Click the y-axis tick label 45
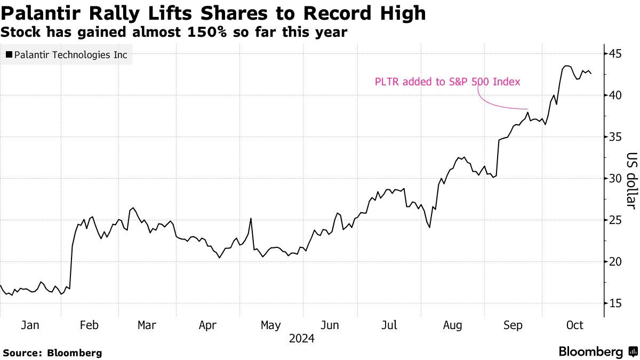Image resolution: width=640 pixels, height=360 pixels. pyautogui.click(x=617, y=54)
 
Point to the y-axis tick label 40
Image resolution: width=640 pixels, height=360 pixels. pyautogui.click(x=617, y=95)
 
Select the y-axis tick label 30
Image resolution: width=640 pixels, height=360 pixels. pyautogui.click(x=617, y=178)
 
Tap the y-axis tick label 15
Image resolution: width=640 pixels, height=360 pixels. pyautogui.click(x=617, y=303)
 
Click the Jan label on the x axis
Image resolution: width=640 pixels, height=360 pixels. pyautogui.click(x=30, y=325)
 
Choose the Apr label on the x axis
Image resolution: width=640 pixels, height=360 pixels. pyautogui.click(x=208, y=325)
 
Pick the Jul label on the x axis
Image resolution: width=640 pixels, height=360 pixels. pyautogui.click(x=390, y=325)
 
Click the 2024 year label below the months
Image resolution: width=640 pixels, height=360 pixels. pyautogui.click(x=301, y=339)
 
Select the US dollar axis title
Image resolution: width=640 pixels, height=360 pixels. pyautogui.click(x=631, y=180)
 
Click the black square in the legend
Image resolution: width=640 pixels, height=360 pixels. pyautogui.click(x=9, y=54)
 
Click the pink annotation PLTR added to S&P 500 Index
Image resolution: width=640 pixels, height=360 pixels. pyautogui.click(x=447, y=82)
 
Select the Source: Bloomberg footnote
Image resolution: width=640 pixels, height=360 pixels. pyautogui.click(x=52, y=353)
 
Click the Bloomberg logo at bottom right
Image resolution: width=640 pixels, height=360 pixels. pyautogui.click(x=597, y=351)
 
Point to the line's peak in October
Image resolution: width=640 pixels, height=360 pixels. pyautogui.click(x=566, y=66)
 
